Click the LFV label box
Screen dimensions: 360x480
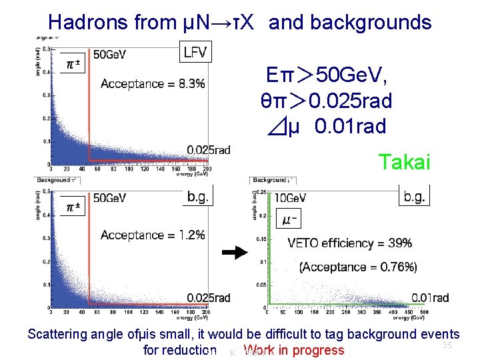pyautogui.click(x=195, y=51)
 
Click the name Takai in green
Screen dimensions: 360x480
pyautogui.click(x=404, y=161)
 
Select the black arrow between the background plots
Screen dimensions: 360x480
pyautogui.click(x=235, y=253)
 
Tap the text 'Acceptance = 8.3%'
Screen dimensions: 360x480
pyautogui.click(x=153, y=84)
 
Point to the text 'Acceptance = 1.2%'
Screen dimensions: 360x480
pyautogui.click(x=153, y=235)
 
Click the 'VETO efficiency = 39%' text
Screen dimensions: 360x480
pyautogui.click(x=349, y=243)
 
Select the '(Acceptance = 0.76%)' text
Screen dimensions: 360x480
pyautogui.click(x=358, y=267)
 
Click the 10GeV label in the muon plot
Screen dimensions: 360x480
pyautogui.click(x=291, y=198)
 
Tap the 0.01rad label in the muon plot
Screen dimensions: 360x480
pyautogui.click(x=430, y=298)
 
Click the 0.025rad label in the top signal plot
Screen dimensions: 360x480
pyautogui.click(x=209, y=150)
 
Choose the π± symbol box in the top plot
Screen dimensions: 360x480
pyautogui.click(x=73, y=63)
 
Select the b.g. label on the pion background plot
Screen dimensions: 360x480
pyautogui.click(x=198, y=196)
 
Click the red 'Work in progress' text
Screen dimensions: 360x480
pyautogui.click(x=294, y=351)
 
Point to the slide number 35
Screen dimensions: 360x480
pyautogui.click(x=447, y=345)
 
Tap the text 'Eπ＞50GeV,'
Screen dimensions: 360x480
pyautogui.click(x=326, y=75)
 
